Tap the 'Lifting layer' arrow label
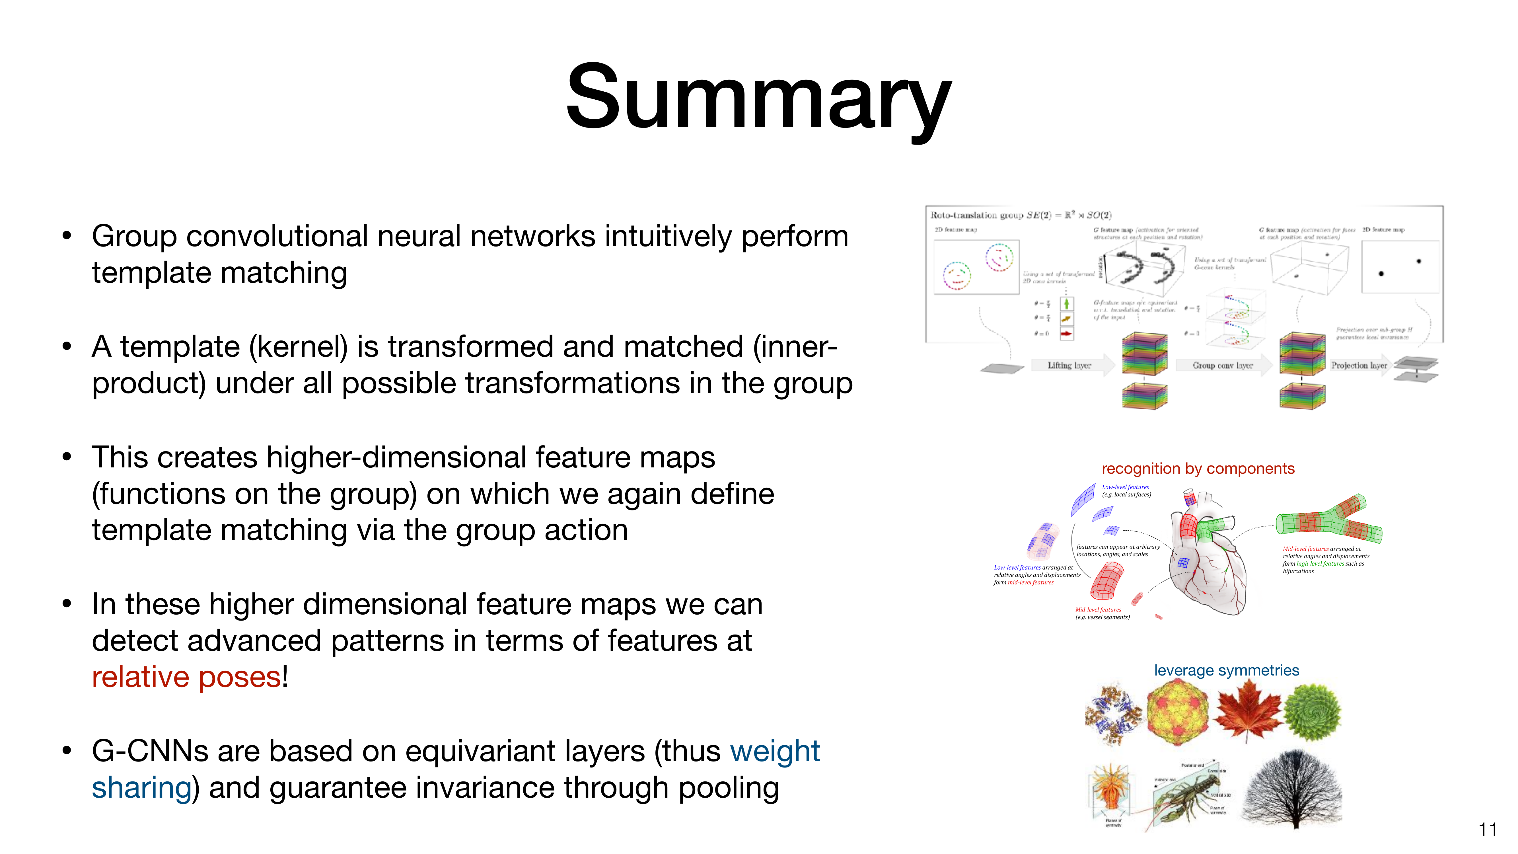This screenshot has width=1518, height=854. click(1069, 366)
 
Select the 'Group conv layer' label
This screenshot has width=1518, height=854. click(1222, 366)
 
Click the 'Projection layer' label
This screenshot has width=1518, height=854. click(1358, 366)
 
